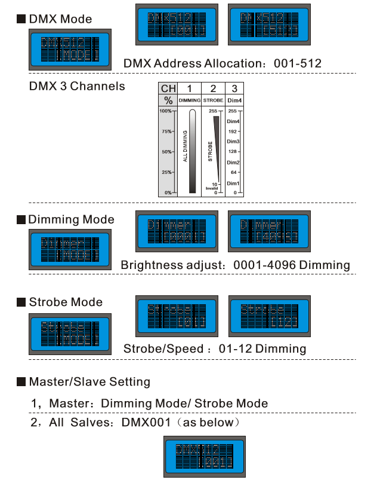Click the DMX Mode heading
[60, 19]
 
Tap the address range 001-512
[298, 63]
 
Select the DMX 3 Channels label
[77, 86]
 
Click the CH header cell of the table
[168, 88]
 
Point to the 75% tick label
[165, 132]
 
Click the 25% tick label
[165, 172]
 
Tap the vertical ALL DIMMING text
[185, 146]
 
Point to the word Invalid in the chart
[212, 188]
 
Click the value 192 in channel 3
[233, 132]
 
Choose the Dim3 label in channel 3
[233, 142]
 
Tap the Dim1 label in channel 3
[233, 183]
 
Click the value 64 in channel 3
[234, 172]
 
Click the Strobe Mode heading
[66, 302]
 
